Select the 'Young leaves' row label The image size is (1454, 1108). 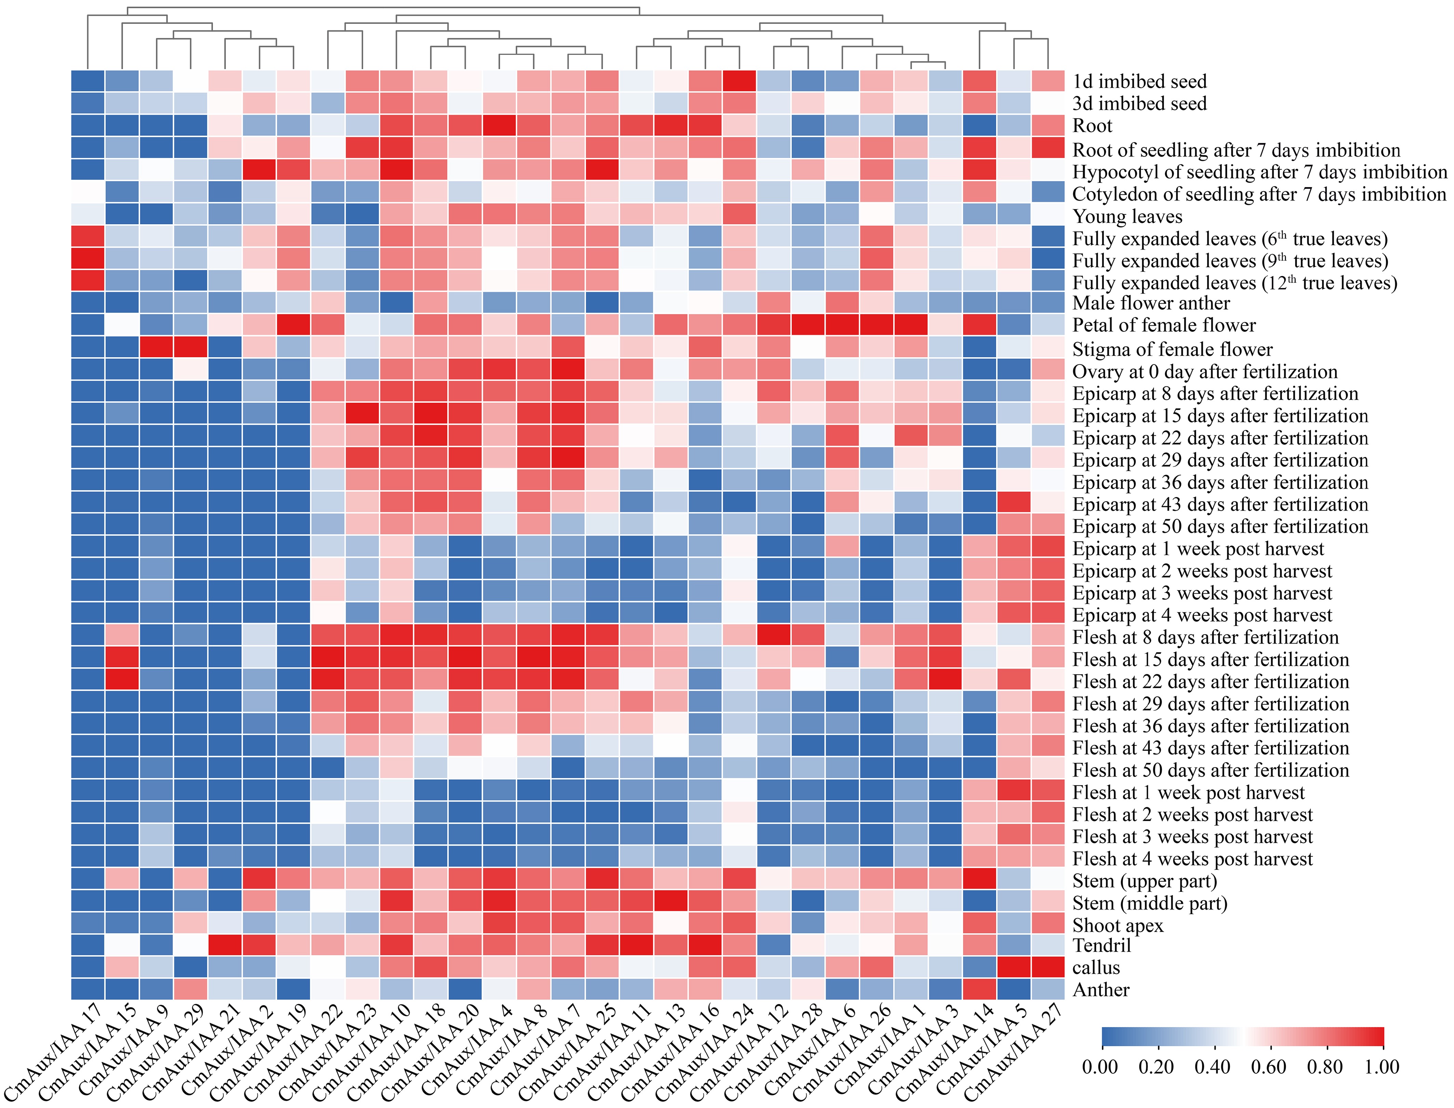pos(1127,216)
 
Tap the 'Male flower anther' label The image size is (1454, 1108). pos(1151,303)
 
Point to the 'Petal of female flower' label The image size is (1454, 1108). pos(1164,325)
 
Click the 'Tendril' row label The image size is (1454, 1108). pos(1101,947)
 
